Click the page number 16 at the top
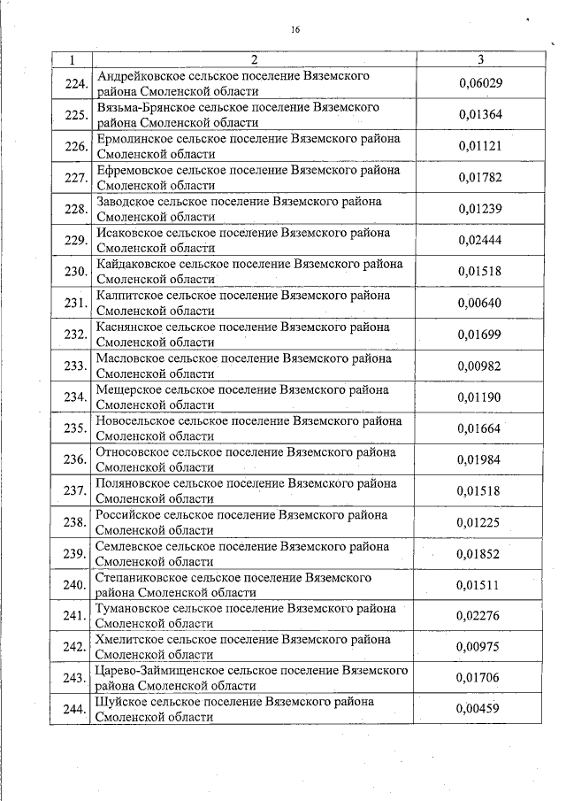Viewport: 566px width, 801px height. [295, 29]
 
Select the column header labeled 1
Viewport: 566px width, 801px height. [71, 59]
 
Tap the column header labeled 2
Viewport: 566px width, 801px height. [254, 59]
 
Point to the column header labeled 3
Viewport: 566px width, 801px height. [480, 59]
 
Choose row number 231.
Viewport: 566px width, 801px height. [76, 304]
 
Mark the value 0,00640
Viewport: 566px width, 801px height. [480, 303]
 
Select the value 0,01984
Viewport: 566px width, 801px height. [480, 459]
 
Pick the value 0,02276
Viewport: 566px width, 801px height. [480, 616]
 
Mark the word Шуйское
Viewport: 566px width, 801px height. [121, 702]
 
